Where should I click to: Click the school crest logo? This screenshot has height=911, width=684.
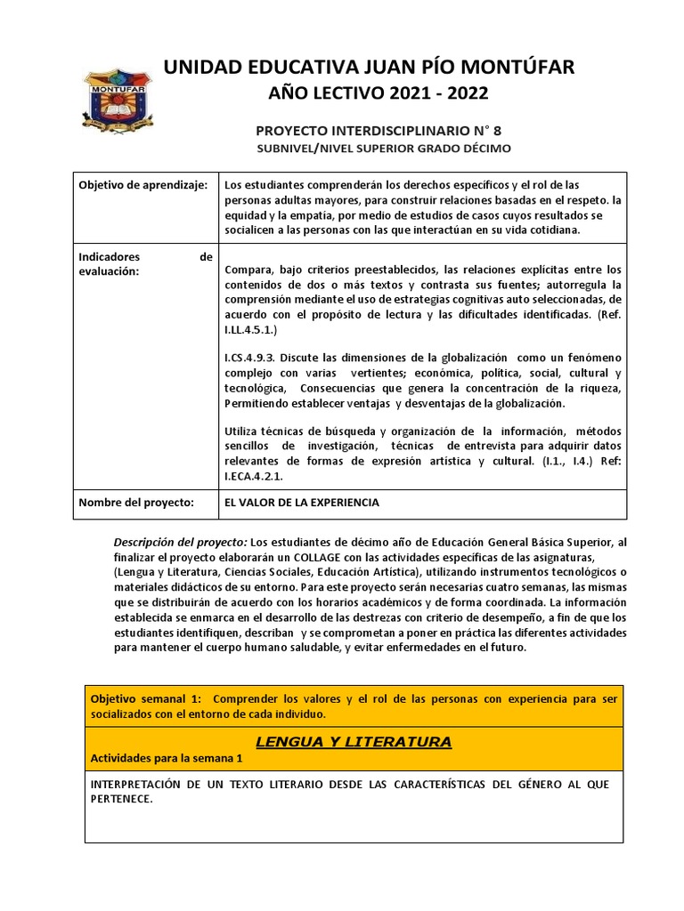point(110,98)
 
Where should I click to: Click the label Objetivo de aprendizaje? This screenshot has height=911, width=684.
point(142,184)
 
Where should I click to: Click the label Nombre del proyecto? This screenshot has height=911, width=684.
point(136,503)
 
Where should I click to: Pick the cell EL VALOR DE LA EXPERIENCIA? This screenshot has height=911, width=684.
point(302,503)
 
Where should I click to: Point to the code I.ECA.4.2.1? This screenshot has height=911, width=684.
point(256,475)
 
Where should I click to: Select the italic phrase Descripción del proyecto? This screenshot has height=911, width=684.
point(181,542)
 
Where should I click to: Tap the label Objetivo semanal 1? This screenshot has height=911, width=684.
point(147,698)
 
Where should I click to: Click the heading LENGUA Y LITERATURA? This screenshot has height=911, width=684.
point(354,741)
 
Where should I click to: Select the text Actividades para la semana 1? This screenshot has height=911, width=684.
point(167,758)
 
